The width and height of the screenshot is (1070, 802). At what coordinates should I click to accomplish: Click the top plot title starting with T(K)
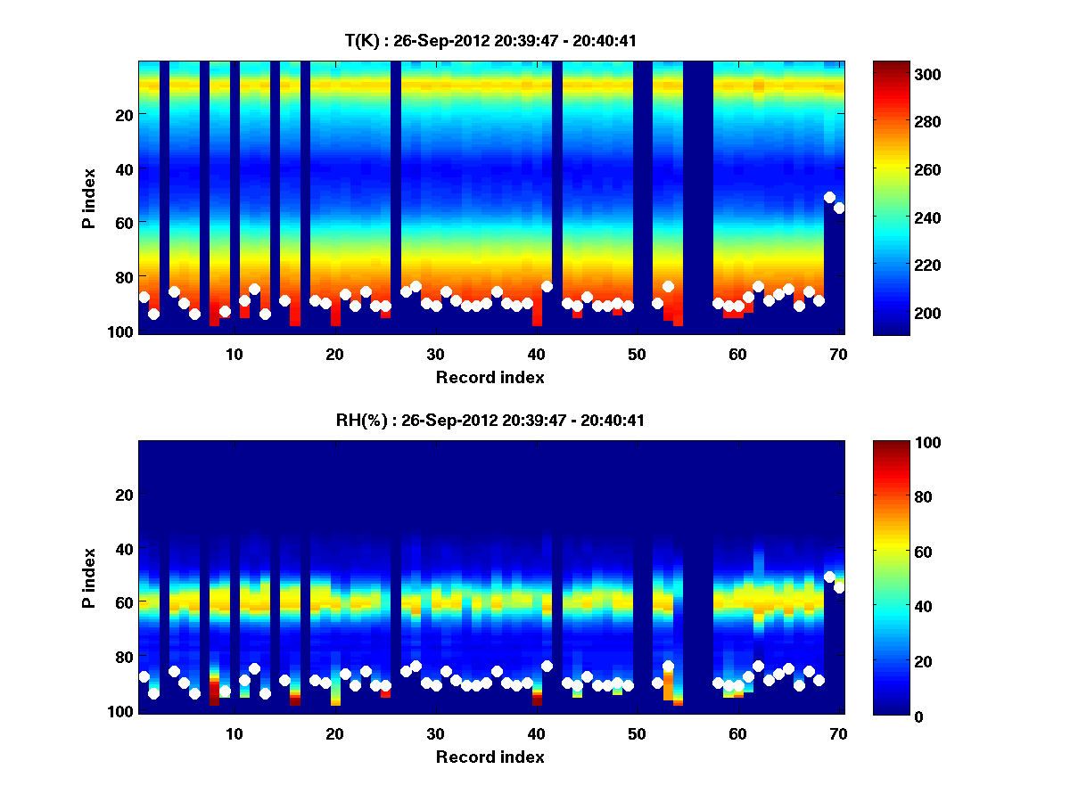click(x=490, y=40)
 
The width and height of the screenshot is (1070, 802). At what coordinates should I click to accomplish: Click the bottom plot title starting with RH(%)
click(x=490, y=420)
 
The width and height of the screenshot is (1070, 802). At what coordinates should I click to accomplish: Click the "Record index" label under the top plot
click(x=490, y=377)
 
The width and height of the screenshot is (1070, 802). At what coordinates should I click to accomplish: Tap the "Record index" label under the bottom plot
click(x=490, y=757)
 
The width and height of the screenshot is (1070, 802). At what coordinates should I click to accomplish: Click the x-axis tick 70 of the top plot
click(x=838, y=354)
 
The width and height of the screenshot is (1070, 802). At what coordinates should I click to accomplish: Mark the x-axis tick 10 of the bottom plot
click(x=234, y=733)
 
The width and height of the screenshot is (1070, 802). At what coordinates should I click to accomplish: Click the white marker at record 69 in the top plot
click(x=829, y=197)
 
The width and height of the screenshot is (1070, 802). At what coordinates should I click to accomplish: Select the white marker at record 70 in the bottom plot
click(x=839, y=587)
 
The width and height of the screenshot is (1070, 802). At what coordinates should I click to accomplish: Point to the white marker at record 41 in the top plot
click(x=547, y=286)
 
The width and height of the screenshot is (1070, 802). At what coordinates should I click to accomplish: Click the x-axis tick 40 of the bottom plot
click(x=536, y=733)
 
